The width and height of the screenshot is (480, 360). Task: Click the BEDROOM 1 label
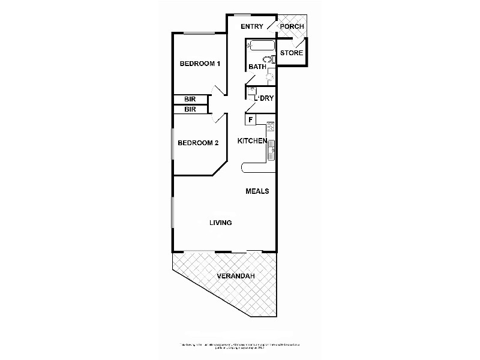click(x=200, y=64)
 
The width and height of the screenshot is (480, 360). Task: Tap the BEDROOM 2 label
click(x=198, y=143)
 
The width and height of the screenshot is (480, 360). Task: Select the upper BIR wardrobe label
click(x=190, y=100)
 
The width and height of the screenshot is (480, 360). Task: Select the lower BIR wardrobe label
click(x=190, y=110)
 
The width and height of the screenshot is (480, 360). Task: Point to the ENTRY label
click(x=252, y=27)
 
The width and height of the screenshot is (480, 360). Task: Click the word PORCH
click(x=292, y=27)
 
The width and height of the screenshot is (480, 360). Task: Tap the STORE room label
click(x=291, y=53)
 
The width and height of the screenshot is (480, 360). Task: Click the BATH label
click(x=257, y=67)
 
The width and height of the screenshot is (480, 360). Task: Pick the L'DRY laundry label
click(x=264, y=98)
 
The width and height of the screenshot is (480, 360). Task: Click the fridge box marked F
click(x=251, y=119)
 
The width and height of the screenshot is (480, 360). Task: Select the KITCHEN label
click(x=252, y=141)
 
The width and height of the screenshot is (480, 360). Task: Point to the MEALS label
click(x=257, y=191)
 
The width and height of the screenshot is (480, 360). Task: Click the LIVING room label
click(x=220, y=223)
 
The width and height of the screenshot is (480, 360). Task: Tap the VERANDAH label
click(x=235, y=276)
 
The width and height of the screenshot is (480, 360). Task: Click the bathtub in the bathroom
click(x=260, y=46)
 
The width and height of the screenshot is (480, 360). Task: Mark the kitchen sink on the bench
click(x=271, y=148)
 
